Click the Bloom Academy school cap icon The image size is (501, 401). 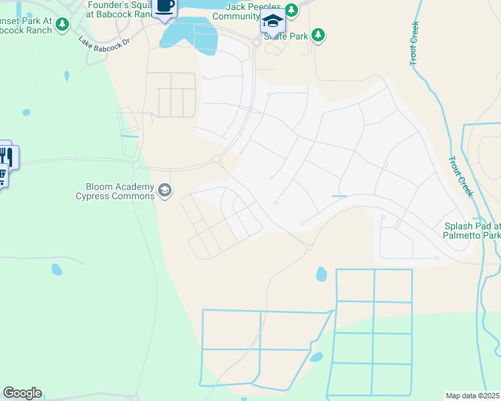tap(164, 192)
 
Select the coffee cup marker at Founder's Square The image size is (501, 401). tap(165, 7)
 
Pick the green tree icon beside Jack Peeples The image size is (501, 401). tap(291, 10)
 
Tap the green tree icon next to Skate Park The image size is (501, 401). tap(319, 35)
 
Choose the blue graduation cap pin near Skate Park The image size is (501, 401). tap(272, 23)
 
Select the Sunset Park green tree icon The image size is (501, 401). tap(62, 25)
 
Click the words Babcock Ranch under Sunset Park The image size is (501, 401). tap(26, 29)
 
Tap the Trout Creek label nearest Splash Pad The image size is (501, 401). tap(461, 175)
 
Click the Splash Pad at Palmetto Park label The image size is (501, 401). tap(472, 231)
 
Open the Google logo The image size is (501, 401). tap(22, 393)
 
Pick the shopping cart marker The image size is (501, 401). tap(2, 176)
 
